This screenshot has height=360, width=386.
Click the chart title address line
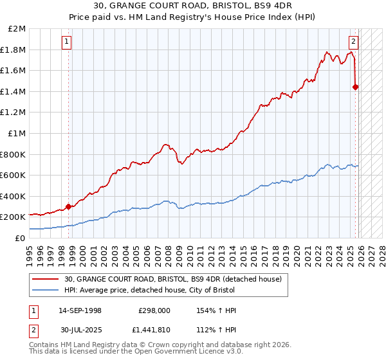[x=192, y=6]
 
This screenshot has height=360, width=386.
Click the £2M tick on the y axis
[x=17, y=29]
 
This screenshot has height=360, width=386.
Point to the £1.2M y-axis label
[x=14, y=113]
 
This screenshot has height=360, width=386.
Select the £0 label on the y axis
[x=20, y=238]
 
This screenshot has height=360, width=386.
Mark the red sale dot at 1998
[x=68, y=207]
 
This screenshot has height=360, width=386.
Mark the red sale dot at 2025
[x=356, y=87]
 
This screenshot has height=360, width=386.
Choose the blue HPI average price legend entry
[x=176, y=291]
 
